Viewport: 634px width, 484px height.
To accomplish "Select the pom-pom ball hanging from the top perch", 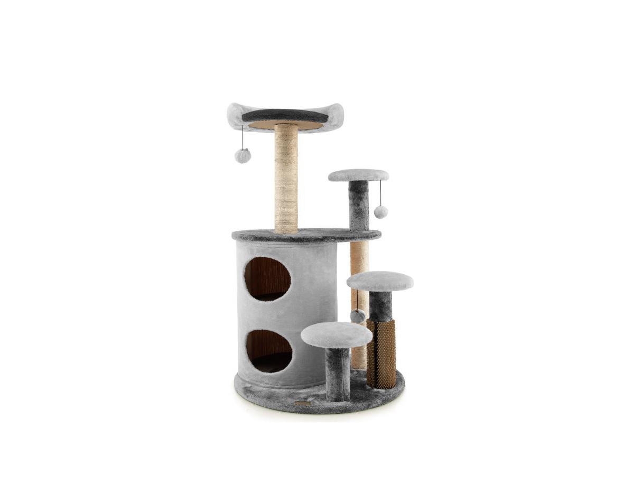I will point(243,156).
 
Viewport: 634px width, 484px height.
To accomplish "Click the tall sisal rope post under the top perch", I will point(286,180).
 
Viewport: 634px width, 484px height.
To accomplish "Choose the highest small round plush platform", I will point(358,175).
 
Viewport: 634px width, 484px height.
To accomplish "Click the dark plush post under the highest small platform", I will point(358,206).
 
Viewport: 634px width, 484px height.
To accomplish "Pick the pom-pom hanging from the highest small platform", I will point(380,212).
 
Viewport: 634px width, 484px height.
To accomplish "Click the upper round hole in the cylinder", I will point(267,279).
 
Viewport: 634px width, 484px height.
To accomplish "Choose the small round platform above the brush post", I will point(380,281).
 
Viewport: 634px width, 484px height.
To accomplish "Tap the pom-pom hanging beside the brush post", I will point(358,316).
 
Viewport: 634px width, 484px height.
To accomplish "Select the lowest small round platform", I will point(337,334).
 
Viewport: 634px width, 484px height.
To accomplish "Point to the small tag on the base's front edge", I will point(303,403).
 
